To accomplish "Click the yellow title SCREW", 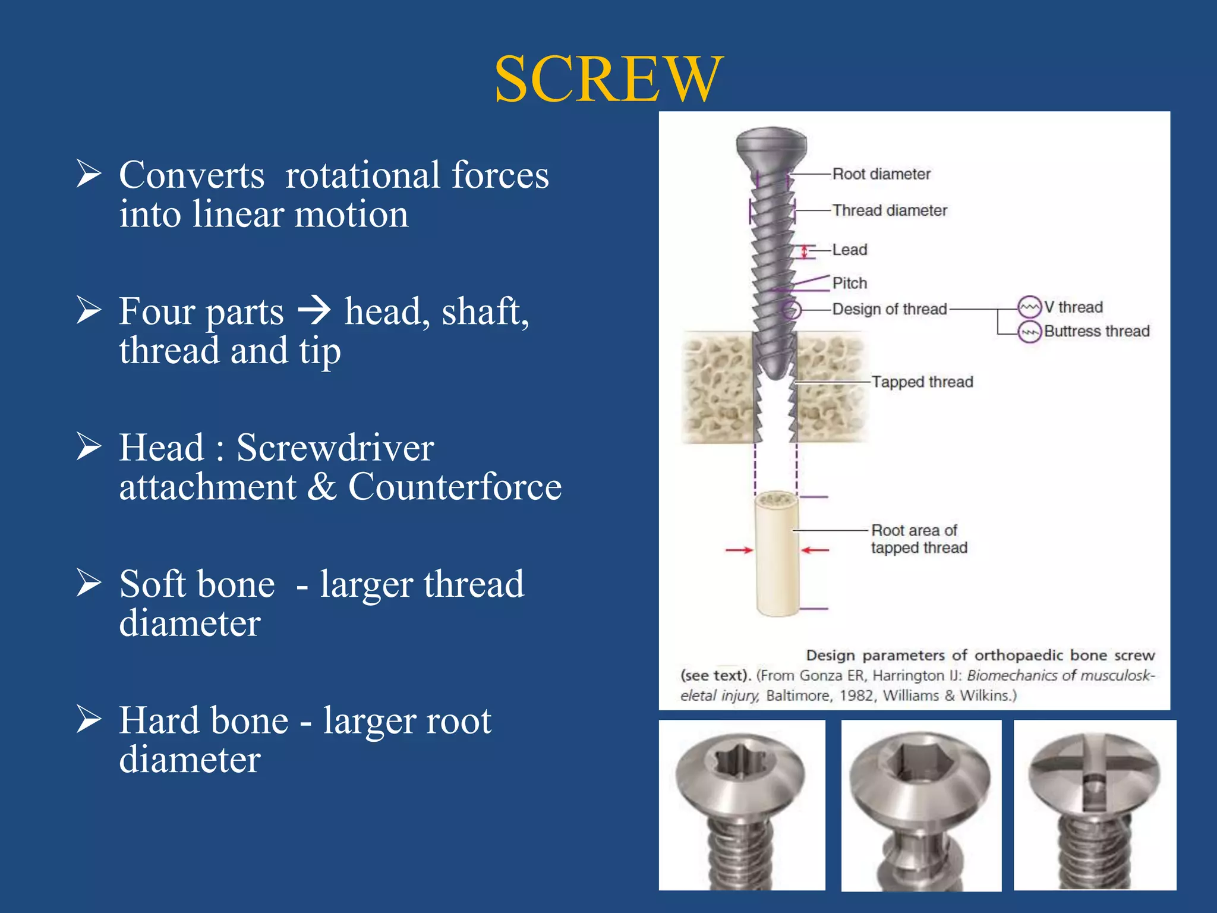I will [608, 80].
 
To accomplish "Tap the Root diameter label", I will [881, 174].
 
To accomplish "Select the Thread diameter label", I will [889, 210].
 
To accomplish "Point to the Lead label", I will [849, 250].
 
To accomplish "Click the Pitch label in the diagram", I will [849, 283].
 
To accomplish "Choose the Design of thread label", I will [889, 309].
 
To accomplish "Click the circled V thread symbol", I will [1029, 307].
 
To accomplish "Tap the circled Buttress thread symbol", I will [1029, 332].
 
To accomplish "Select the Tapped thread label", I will [922, 382].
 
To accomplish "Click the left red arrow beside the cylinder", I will [739, 550].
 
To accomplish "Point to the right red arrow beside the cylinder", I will [815, 550].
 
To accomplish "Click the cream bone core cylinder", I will [776, 559].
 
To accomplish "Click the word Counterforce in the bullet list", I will [455, 487].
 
